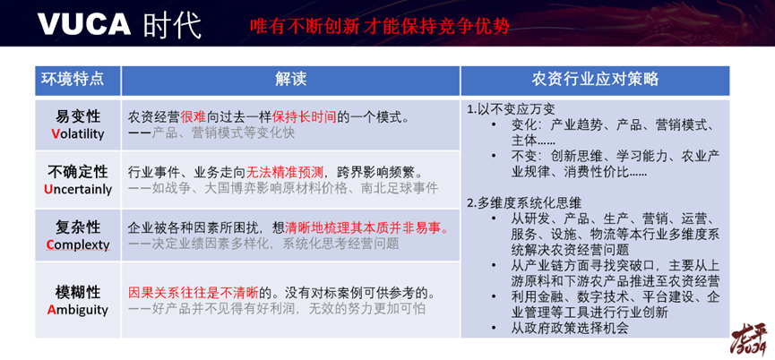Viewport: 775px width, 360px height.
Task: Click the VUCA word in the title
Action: pos(84,23)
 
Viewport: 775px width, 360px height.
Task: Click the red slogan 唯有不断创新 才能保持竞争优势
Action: pos(380,26)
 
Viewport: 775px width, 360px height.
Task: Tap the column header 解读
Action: pos(290,79)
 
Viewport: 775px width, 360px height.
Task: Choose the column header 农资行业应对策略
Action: pos(595,79)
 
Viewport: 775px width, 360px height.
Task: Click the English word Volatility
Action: pos(78,133)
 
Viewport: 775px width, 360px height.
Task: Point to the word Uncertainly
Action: pos(78,189)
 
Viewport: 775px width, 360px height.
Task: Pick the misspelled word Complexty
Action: pos(78,245)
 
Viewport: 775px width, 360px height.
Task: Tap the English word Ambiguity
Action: pos(78,310)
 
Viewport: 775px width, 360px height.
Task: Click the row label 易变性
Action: pos(78,117)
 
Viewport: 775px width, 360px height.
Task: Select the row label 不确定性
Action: pos(78,172)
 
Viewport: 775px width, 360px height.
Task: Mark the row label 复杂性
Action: pos(78,227)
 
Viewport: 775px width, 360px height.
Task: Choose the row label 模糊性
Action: pos(78,292)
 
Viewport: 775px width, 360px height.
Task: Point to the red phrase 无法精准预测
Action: pos(285,172)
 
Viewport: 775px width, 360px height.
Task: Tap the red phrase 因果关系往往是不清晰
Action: pos(194,293)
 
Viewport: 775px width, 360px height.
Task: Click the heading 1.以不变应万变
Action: pos(507,109)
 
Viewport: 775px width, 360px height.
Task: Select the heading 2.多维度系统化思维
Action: pos(524,203)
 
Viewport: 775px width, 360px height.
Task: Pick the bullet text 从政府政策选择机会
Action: pos(570,328)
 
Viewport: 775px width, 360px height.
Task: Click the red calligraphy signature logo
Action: pos(749,339)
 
